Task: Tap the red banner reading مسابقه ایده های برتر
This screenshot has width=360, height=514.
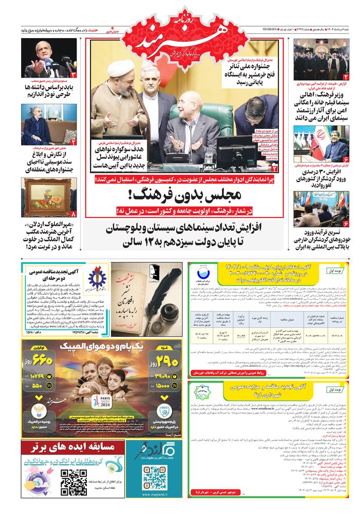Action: [x=72, y=447]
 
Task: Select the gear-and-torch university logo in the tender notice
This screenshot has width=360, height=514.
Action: [x=97, y=278]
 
